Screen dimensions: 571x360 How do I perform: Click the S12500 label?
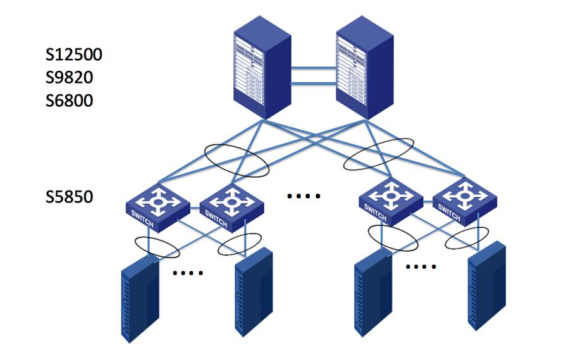pos(74,54)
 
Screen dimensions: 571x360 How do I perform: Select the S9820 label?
pos(69,77)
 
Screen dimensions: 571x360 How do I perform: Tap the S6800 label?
pos(69,101)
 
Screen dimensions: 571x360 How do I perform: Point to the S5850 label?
pos(69,197)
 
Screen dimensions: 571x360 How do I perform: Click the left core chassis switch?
pos(262,68)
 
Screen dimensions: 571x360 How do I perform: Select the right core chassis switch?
pos(365,68)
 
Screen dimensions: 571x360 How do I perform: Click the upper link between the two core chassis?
pos(314,68)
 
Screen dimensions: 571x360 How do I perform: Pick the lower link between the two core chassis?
pos(314,84)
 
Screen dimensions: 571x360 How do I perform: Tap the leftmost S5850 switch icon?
pos(157,208)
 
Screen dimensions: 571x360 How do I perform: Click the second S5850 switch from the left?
pos(231,208)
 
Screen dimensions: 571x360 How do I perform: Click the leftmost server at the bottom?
pos(140,299)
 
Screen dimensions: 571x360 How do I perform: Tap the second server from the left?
pos(254,292)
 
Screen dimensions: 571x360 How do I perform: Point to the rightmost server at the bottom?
pos(486,286)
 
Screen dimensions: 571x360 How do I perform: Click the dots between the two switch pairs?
pos(304,196)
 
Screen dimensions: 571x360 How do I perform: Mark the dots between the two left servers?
pos(188,273)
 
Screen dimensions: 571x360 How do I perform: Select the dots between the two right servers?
pos(421,267)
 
